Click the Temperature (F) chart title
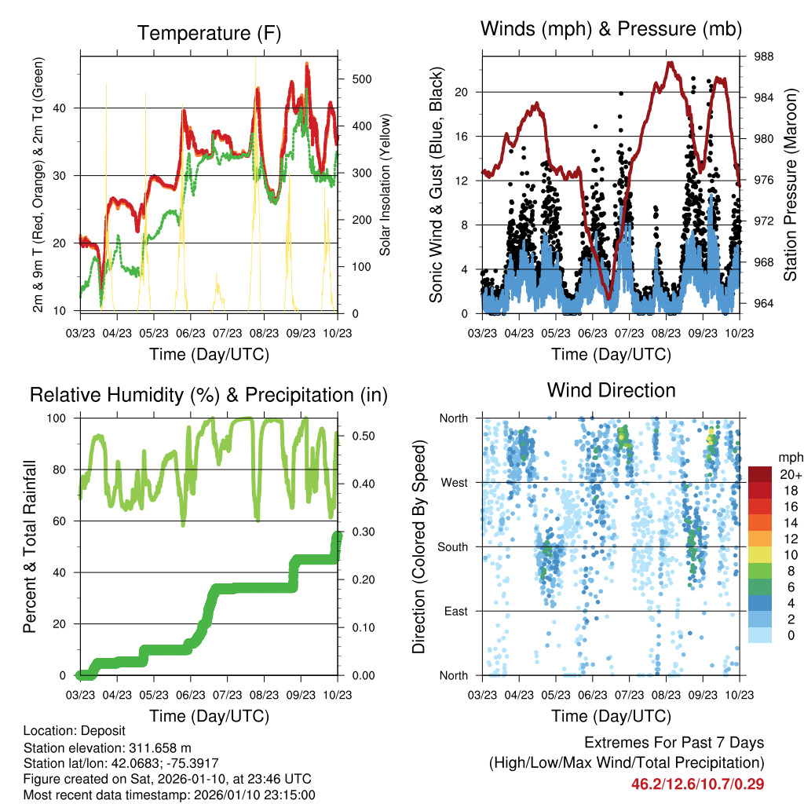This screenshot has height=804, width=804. pos(209,34)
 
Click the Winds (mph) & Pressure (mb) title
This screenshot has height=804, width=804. pos(611,30)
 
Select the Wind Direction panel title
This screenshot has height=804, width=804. pos(611,390)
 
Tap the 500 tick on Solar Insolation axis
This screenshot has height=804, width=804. pos(362,79)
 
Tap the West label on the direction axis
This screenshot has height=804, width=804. pos(455,482)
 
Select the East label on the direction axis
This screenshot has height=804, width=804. pos(456,611)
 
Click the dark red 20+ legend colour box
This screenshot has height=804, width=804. pos(759,474)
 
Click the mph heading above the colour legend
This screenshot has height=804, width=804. pos(788,456)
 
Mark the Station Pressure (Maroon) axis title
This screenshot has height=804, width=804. pos(791,185)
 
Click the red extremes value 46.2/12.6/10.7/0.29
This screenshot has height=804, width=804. pos(698,784)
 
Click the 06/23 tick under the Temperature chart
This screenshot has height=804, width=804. pos(190,332)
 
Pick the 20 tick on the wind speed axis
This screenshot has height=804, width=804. pos(462,92)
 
